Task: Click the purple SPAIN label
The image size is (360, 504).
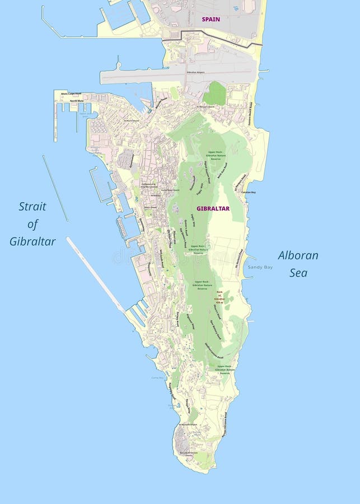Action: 211,19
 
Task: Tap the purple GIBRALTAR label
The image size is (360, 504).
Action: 213,208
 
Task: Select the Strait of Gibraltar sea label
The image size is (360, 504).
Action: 32,224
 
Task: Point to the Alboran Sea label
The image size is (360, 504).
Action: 298,264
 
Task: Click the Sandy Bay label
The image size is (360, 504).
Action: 260,267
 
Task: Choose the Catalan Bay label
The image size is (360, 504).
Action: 249,192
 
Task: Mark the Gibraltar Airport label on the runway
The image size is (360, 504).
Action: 208,72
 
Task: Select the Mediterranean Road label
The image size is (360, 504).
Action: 214,350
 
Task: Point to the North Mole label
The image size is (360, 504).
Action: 77,101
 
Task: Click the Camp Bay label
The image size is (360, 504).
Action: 157,377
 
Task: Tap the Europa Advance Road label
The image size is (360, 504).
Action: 225,424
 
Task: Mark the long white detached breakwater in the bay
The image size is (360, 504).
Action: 95,274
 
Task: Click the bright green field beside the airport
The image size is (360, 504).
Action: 214,94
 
